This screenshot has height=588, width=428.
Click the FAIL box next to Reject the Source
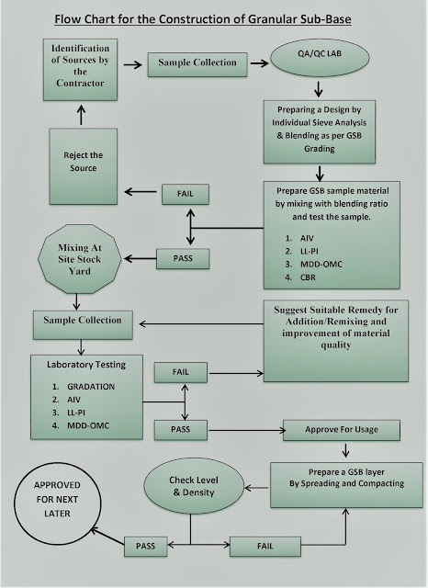pos(186,195)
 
